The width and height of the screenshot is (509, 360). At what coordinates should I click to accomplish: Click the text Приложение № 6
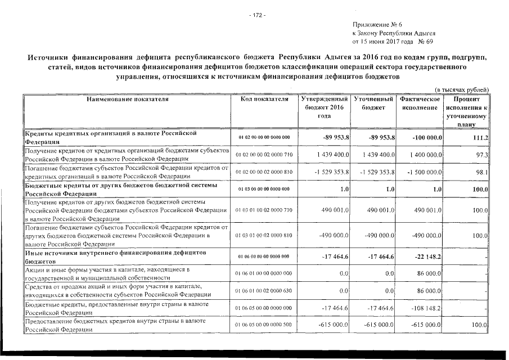(x=376, y=25)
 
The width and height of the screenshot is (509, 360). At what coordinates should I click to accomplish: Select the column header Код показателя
(x=264, y=99)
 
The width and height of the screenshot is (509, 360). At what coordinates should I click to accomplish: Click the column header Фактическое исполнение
(x=420, y=103)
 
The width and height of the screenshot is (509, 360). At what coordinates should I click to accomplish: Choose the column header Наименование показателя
(x=127, y=99)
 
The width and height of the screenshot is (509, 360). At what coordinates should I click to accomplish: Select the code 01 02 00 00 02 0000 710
(x=264, y=154)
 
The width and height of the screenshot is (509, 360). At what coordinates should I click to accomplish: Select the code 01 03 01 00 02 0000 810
(x=264, y=236)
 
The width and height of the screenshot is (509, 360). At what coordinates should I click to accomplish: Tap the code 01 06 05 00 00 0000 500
(x=264, y=325)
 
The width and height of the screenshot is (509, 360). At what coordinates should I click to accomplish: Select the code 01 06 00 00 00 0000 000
(x=264, y=256)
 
